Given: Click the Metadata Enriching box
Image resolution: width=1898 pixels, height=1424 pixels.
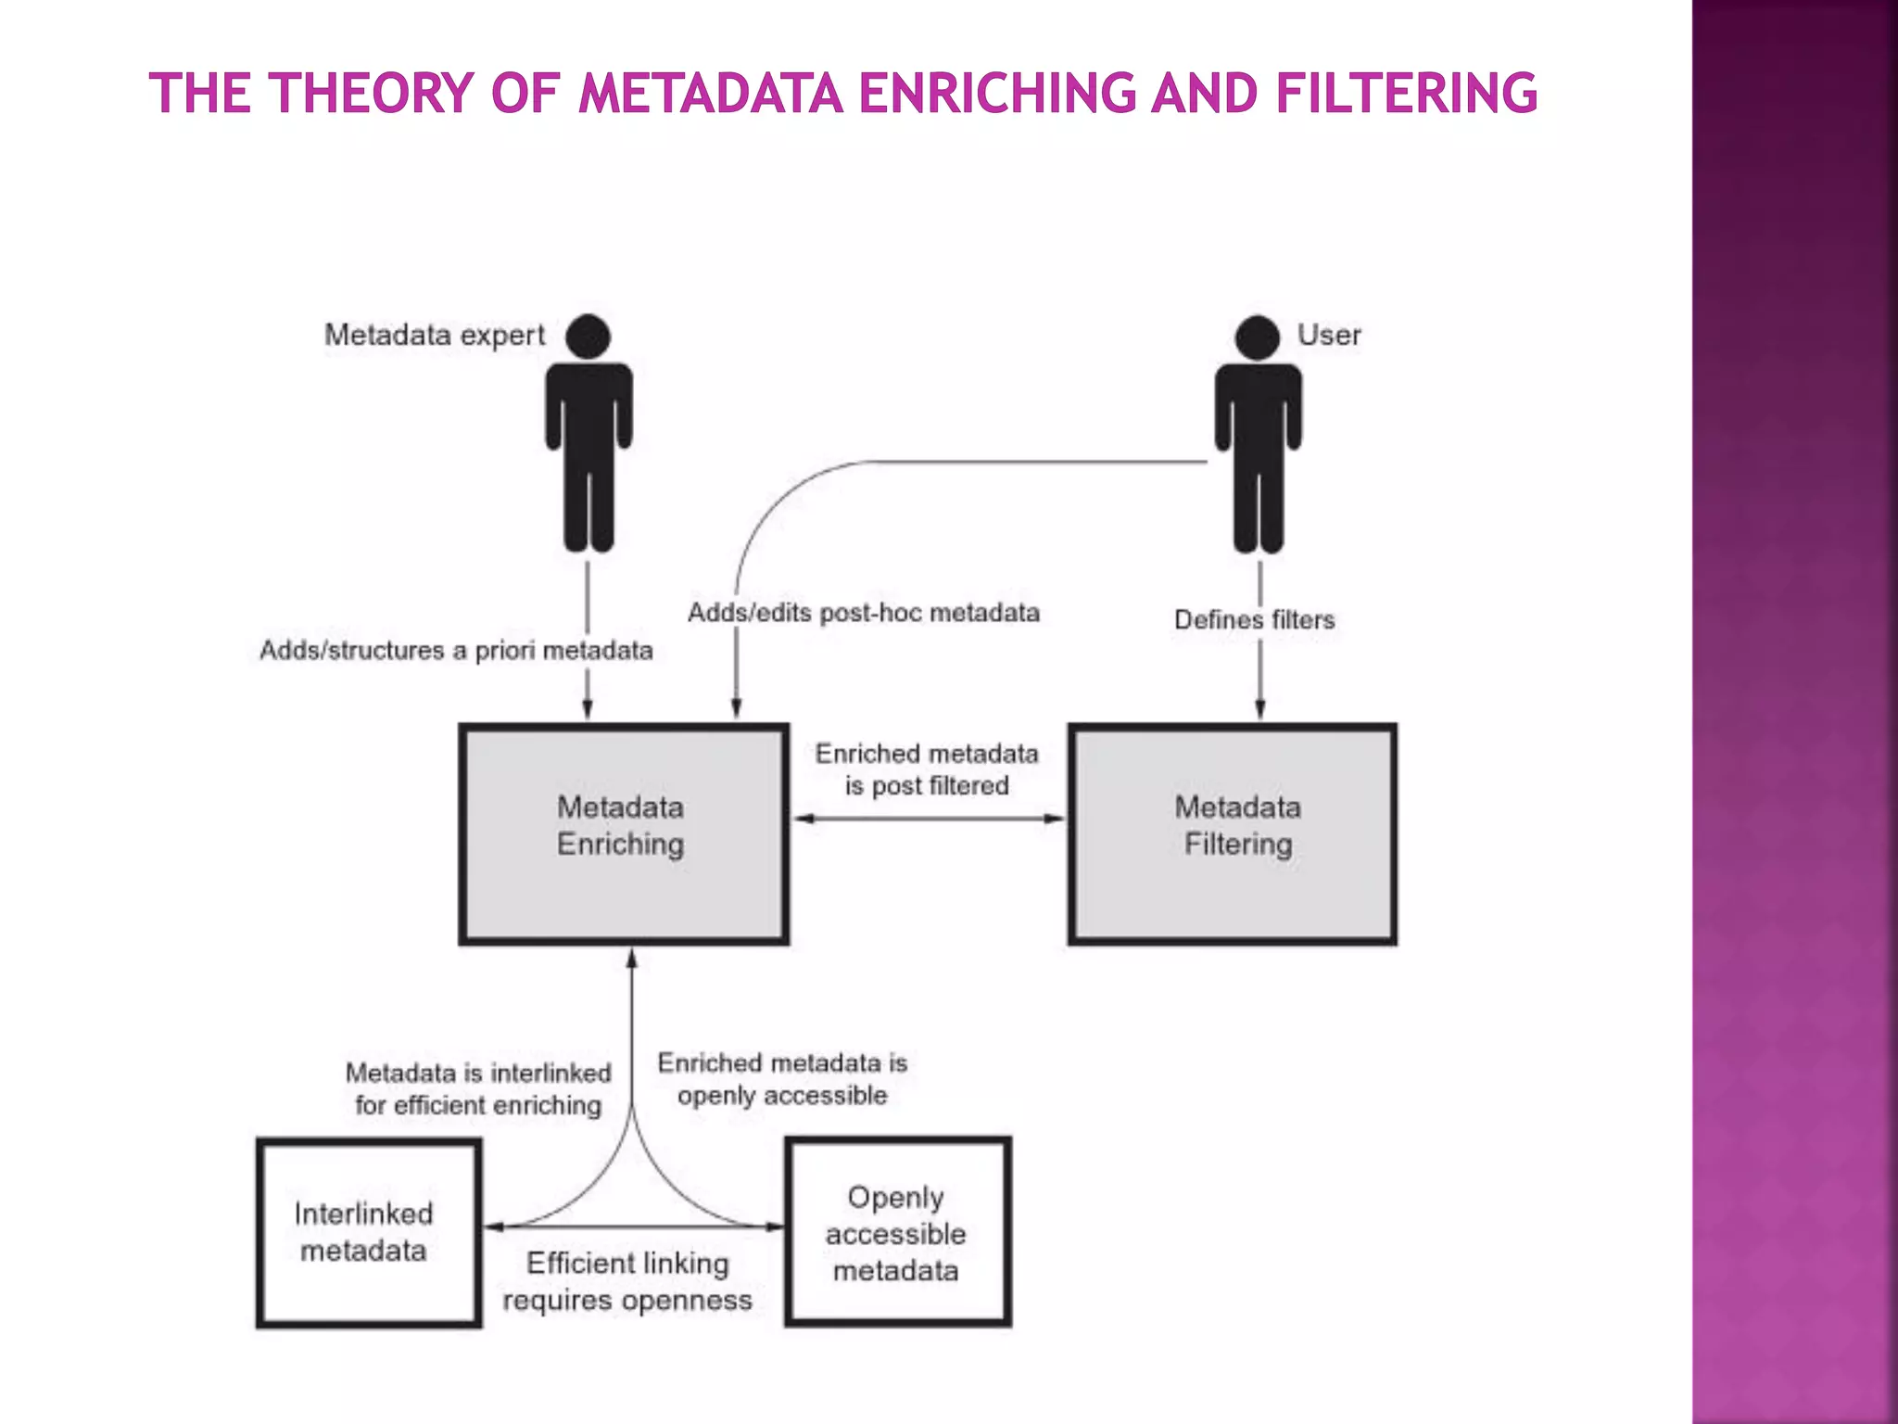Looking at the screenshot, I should pyautogui.click(x=624, y=833).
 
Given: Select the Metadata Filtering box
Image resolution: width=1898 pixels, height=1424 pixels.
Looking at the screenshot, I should pyautogui.click(x=1233, y=833).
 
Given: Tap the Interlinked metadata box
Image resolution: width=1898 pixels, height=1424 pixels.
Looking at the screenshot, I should pyautogui.click(x=368, y=1232).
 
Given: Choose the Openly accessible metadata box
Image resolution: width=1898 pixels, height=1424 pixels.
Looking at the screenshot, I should pyautogui.click(x=897, y=1232).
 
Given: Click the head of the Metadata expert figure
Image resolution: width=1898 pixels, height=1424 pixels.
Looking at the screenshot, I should pyautogui.click(x=588, y=336).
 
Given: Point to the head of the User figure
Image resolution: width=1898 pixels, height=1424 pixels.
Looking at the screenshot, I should pyautogui.click(x=1258, y=337).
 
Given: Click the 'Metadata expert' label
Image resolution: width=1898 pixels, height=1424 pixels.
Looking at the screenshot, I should pyautogui.click(x=435, y=335).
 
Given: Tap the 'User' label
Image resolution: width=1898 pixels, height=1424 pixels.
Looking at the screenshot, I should pyautogui.click(x=1329, y=335).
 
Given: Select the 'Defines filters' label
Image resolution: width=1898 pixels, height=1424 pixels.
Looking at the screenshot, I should pyautogui.click(x=1254, y=619).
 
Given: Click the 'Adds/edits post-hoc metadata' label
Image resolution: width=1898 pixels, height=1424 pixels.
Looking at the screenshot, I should pyautogui.click(x=864, y=613).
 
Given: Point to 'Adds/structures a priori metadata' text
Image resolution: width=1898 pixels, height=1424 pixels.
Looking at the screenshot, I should pyautogui.click(x=456, y=651).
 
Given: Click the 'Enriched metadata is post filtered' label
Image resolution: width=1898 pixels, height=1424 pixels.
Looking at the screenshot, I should pyautogui.click(x=927, y=769).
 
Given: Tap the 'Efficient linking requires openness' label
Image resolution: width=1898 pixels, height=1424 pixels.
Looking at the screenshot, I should pyautogui.click(x=627, y=1281).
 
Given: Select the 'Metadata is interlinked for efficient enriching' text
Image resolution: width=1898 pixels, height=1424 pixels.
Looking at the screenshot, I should pyautogui.click(x=478, y=1089).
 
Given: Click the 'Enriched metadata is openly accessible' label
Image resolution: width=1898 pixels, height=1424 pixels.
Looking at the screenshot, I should pyautogui.click(x=782, y=1079).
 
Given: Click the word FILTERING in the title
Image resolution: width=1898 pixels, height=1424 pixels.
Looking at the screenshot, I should pyautogui.click(x=1406, y=94).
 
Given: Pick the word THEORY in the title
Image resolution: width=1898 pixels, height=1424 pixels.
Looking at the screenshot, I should pyautogui.click(x=371, y=94).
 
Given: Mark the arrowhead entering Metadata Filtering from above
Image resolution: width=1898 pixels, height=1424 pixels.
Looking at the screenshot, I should pyautogui.click(x=1259, y=709).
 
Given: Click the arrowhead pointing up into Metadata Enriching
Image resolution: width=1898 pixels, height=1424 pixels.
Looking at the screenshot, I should pyautogui.click(x=632, y=959).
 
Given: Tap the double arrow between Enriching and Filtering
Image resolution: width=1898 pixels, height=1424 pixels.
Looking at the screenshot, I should pyautogui.click(x=929, y=819).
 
